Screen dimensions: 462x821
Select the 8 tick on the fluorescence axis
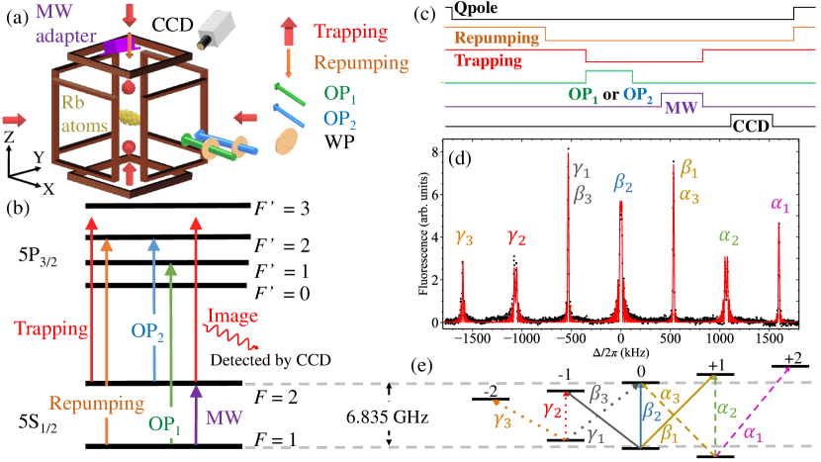click(431, 151)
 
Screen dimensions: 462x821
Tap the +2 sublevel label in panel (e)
click(793, 356)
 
